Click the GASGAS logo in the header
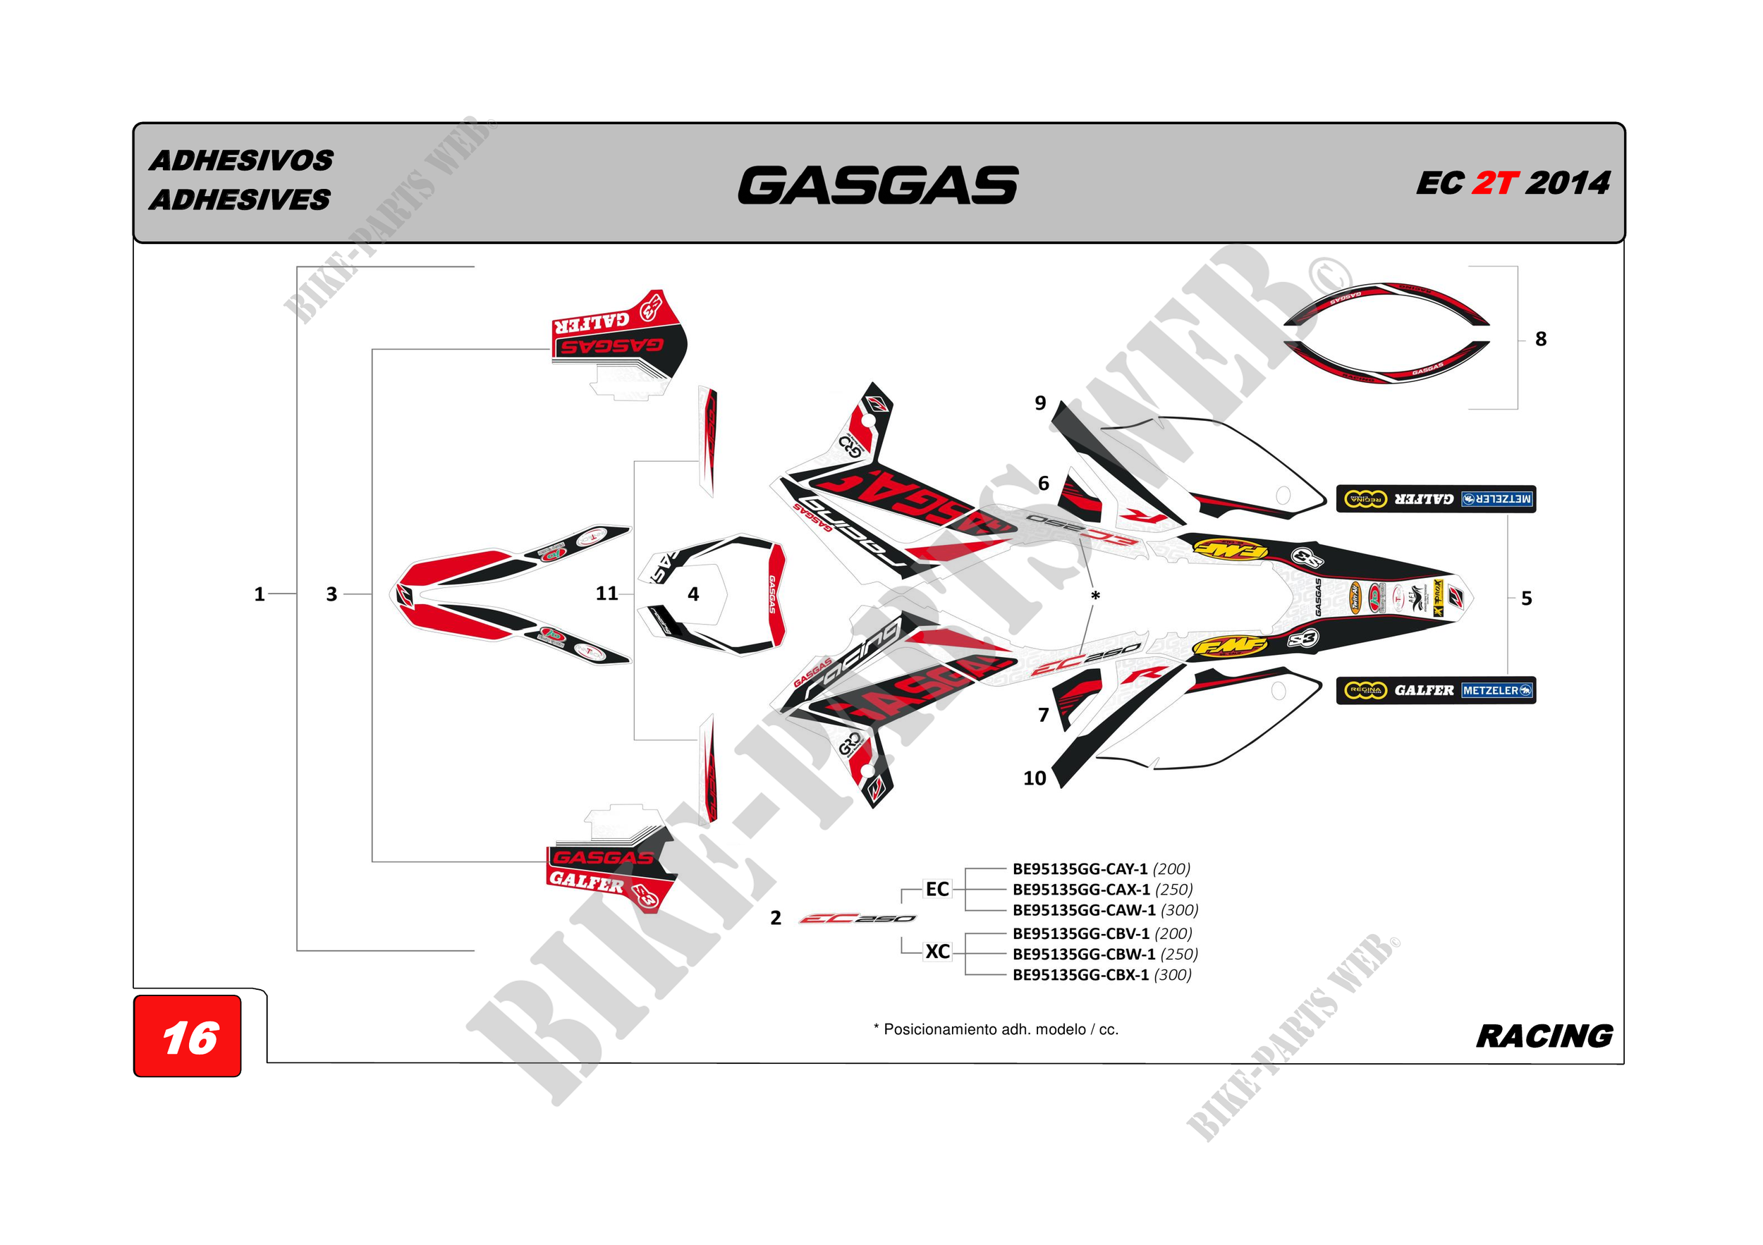(x=878, y=185)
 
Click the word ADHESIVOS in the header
(x=241, y=161)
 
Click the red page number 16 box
(x=188, y=1037)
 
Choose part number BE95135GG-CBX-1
(x=1080, y=975)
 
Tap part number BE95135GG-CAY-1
(x=1080, y=869)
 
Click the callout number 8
(x=1540, y=338)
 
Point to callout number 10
(x=1035, y=778)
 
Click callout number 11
(x=606, y=594)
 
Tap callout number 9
(x=1039, y=403)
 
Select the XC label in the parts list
(x=937, y=952)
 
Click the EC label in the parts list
(x=937, y=889)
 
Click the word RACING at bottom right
(x=1544, y=1036)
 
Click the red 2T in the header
(x=1494, y=183)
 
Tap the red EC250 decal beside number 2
(x=857, y=919)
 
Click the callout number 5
(x=1527, y=598)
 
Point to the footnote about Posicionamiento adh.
(x=996, y=1029)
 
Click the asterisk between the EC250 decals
(x=1096, y=596)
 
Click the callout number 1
(x=260, y=594)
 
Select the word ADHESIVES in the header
(x=240, y=200)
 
